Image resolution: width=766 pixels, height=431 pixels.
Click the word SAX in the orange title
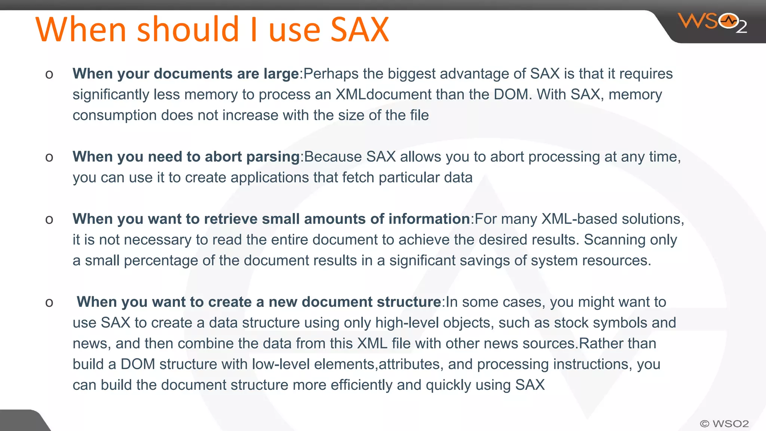click(360, 30)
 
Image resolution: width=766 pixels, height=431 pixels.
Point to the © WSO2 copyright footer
click(724, 424)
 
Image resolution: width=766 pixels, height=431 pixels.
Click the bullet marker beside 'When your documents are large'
click(49, 74)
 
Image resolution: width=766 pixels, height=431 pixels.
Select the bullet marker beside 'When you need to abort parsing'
click(49, 158)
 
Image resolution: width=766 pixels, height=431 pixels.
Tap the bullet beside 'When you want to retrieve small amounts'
click(49, 220)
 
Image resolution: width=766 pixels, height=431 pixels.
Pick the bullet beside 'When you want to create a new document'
click(49, 303)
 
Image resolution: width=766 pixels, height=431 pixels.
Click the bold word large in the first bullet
click(281, 74)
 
